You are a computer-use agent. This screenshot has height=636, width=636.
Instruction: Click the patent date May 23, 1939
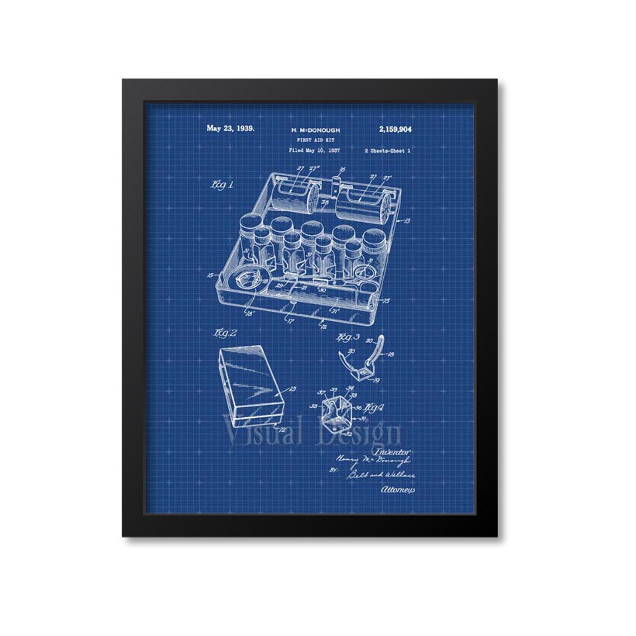click(x=230, y=128)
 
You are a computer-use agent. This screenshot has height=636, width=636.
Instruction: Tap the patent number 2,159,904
click(x=395, y=129)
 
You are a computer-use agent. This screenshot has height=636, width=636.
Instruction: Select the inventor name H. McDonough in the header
click(x=315, y=130)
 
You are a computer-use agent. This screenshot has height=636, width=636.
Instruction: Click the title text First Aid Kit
click(x=315, y=140)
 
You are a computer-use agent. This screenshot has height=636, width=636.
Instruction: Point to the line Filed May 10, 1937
click(x=314, y=150)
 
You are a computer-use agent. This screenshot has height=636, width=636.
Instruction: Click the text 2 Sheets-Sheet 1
click(x=387, y=150)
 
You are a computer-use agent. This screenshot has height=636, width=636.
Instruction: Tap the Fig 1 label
click(x=221, y=185)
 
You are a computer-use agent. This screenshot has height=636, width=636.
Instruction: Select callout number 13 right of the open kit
click(x=407, y=221)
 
